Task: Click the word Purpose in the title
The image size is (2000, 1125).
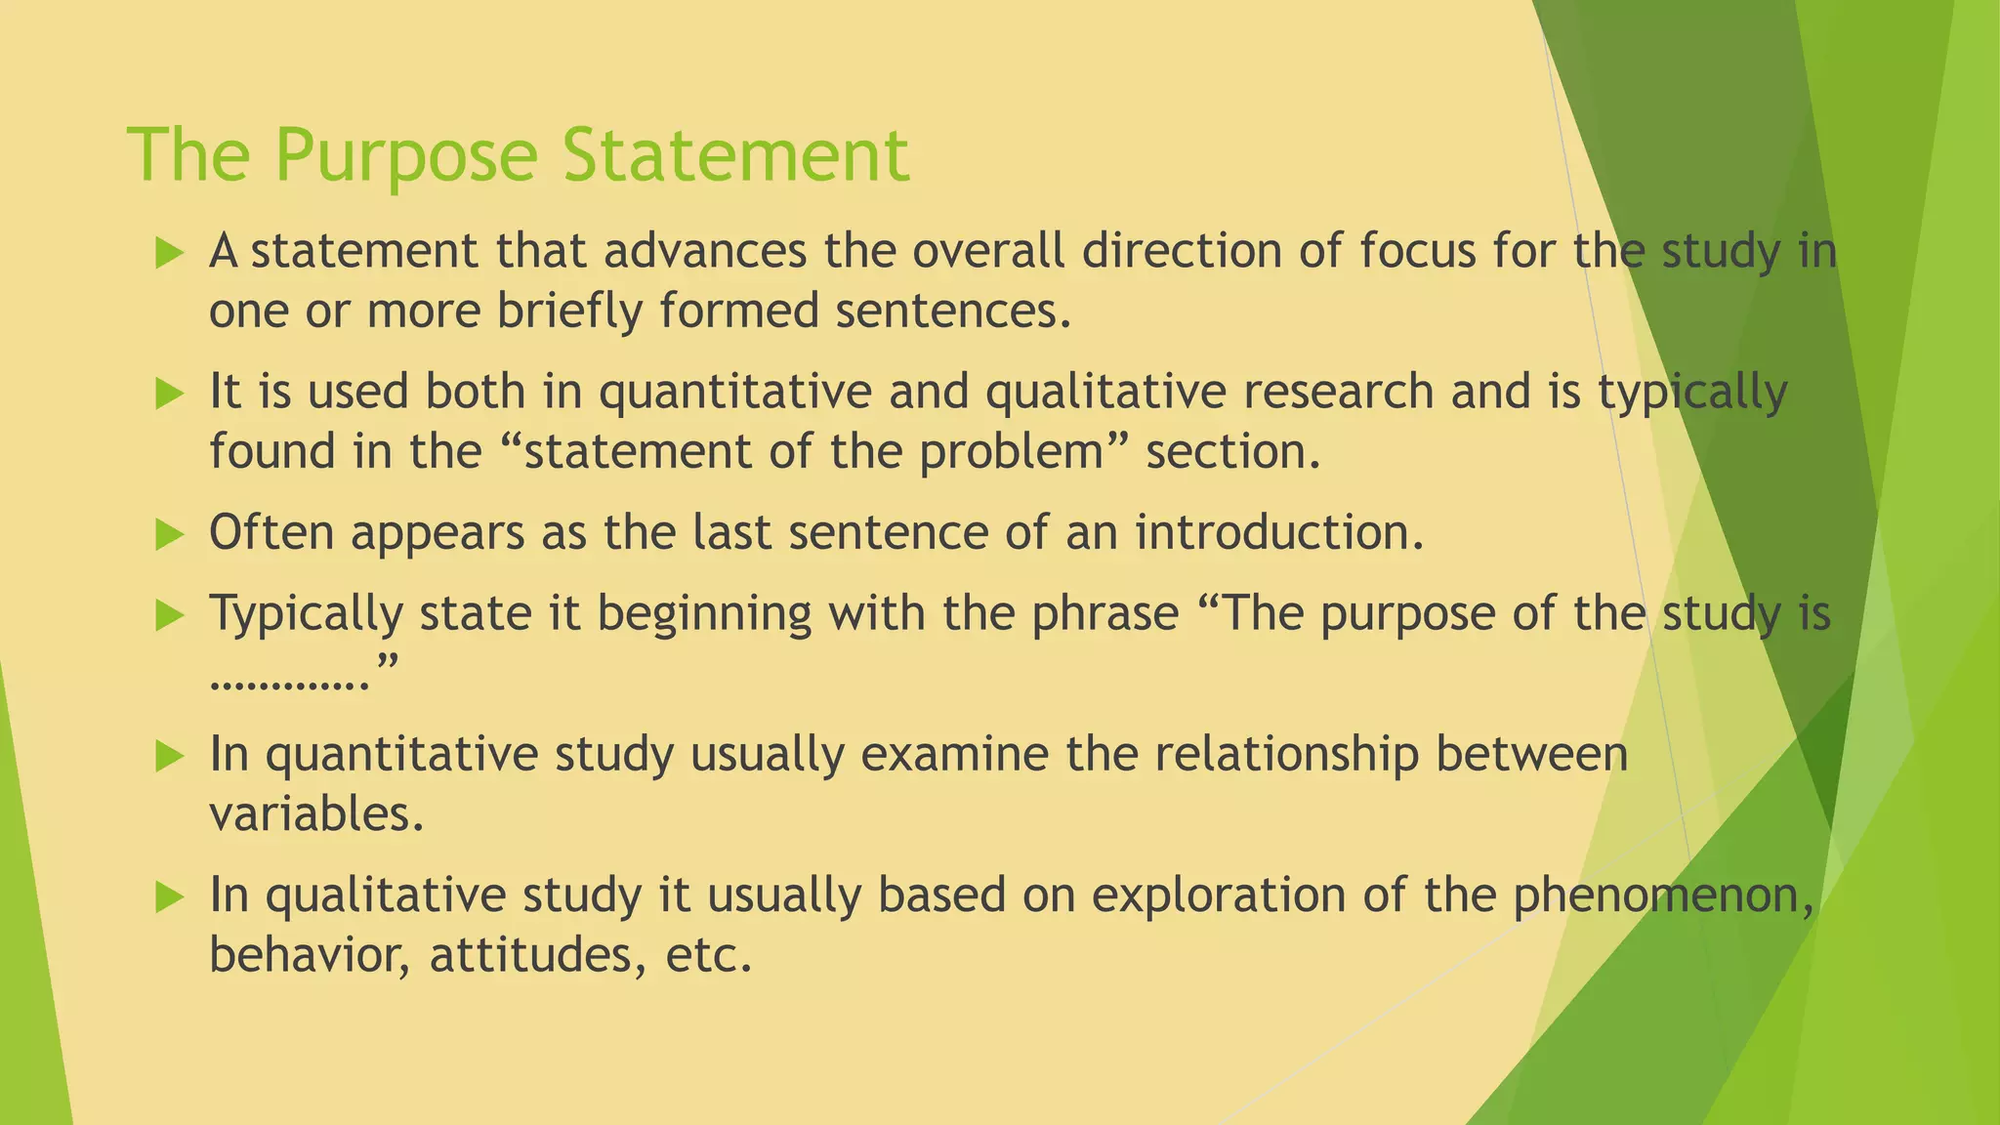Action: (405, 156)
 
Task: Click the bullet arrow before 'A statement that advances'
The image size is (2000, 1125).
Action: (169, 254)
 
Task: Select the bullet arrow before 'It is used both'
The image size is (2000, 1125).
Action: (169, 395)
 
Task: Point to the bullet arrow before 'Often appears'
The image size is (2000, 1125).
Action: (169, 534)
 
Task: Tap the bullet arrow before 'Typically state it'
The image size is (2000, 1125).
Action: (169, 615)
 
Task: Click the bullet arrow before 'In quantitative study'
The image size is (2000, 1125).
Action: (169, 756)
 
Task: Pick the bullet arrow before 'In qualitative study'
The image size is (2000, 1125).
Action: (169, 896)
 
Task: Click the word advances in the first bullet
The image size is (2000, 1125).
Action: (704, 251)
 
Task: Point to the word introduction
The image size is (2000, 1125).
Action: (1278, 533)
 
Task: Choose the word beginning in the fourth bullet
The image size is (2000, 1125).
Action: (704, 616)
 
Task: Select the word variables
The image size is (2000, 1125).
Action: (316, 814)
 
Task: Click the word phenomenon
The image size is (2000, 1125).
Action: (1662, 896)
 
